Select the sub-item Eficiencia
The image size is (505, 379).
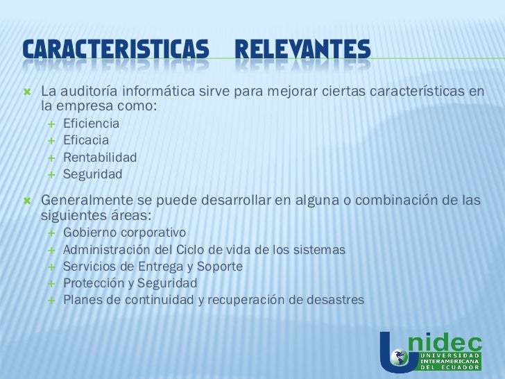coord(91,124)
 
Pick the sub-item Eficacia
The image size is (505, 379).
coord(85,140)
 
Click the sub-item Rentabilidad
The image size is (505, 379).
coord(100,157)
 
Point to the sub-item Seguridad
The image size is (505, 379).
coord(92,174)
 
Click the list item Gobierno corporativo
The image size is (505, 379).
coord(124,232)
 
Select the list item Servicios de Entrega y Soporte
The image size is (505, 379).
coord(153,266)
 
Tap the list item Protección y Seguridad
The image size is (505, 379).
coord(130,283)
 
